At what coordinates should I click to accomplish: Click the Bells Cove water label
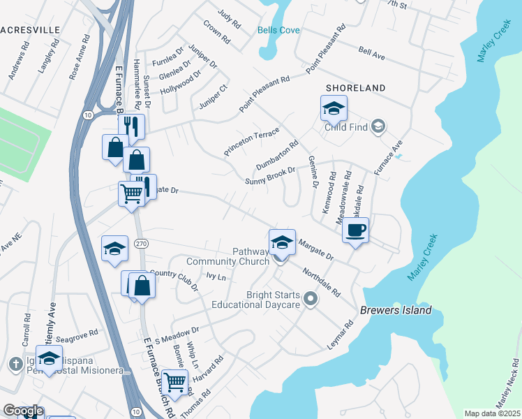(278, 30)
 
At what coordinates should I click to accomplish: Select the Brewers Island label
(396, 310)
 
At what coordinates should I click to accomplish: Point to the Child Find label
(347, 127)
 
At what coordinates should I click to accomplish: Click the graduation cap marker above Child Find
(334, 108)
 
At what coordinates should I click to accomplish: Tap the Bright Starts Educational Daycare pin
(311, 300)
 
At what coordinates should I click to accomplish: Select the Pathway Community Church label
(228, 256)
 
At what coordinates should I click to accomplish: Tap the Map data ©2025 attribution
(492, 413)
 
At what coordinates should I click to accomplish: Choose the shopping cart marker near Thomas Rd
(175, 381)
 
